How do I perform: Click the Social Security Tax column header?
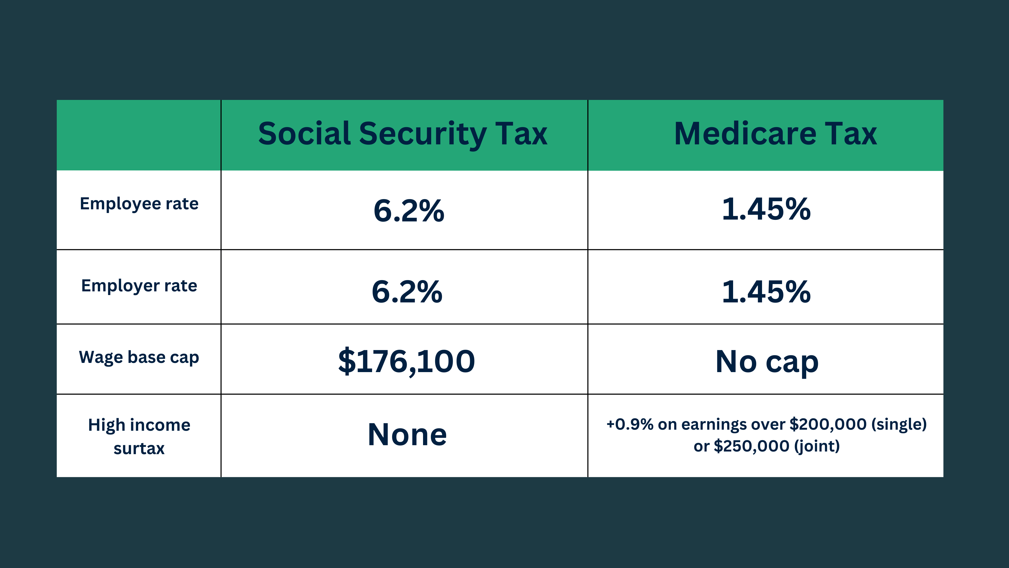point(403,134)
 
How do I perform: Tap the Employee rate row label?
point(139,204)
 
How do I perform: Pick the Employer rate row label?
point(139,286)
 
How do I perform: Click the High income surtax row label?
point(139,436)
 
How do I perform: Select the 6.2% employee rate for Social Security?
point(409,210)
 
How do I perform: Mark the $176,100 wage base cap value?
point(406,361)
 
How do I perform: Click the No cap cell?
point(766,361)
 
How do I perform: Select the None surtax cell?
point(407,435)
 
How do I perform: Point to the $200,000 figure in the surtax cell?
point(828,424)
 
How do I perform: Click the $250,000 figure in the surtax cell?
point(751,446)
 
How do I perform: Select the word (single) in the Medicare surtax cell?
point(899,424)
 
